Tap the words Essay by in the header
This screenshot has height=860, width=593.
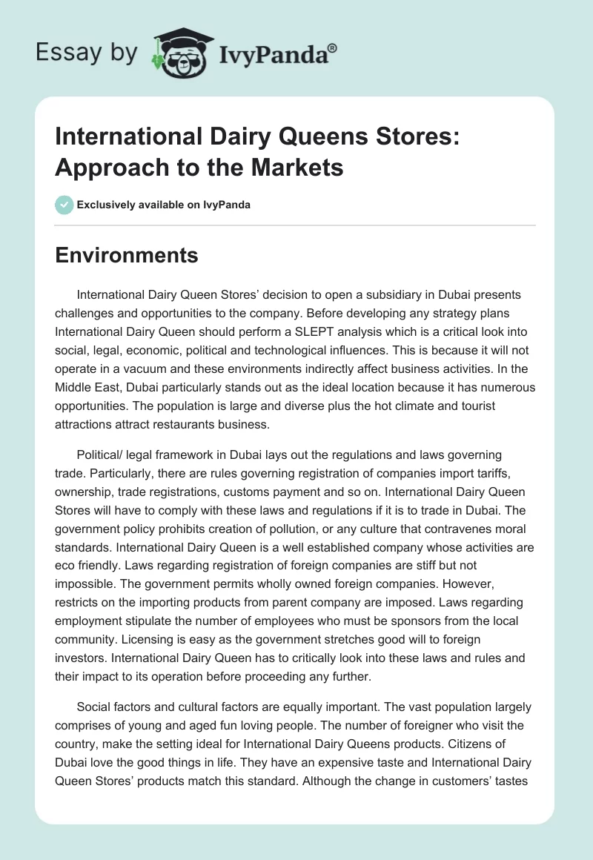pos(87,52)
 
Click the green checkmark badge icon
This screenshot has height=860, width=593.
pos(64,205)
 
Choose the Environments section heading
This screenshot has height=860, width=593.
pos(127,256)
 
